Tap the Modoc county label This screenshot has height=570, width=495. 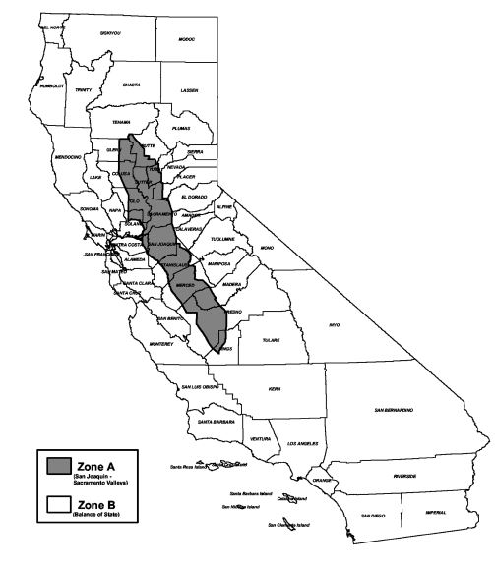(186, 39)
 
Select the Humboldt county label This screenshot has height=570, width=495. (52, 85)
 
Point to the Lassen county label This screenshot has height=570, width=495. (190, 89)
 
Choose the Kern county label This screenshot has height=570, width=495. (274, 389)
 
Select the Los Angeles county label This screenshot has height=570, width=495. (302, 443)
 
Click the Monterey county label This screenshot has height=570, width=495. (160, 344)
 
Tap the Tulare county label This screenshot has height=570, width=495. (271, 340)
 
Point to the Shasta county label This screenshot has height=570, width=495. (124, 84)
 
